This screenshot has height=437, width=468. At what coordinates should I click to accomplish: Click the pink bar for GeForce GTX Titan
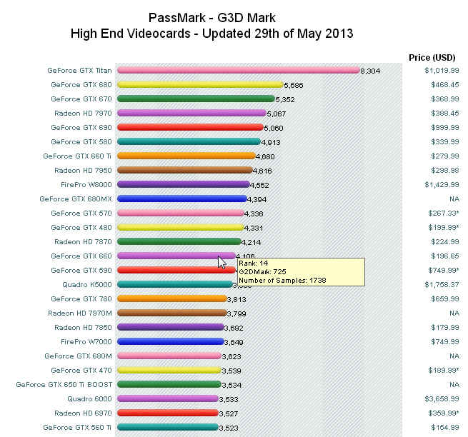238,70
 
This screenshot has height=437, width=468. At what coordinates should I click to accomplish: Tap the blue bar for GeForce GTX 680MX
181,199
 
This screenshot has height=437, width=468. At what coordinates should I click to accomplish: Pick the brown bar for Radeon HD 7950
184,170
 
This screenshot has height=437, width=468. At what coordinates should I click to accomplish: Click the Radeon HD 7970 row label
83,113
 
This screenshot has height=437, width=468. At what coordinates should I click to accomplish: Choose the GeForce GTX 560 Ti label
77,427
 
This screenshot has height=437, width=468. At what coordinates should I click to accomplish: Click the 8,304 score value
371,71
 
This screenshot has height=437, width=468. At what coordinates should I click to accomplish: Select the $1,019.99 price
441,71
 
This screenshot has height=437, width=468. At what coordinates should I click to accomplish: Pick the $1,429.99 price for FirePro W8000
441,185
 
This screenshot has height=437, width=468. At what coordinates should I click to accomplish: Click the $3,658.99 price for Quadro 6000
441,399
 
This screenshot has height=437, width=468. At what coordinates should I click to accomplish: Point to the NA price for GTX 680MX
454,199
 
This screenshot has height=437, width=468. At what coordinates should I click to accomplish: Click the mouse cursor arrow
221,261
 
